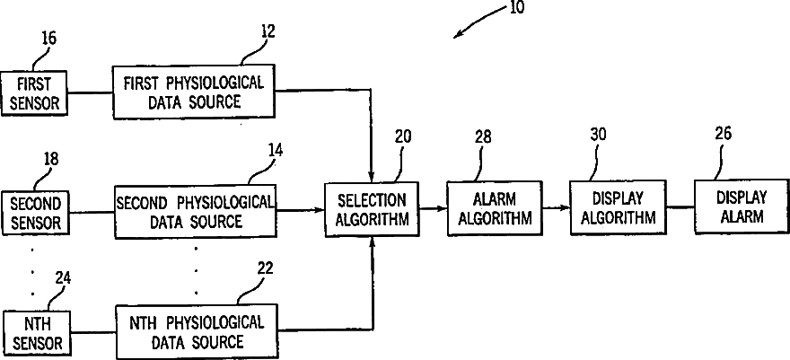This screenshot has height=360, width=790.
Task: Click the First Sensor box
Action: click(34, 92)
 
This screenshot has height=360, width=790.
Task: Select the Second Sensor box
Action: click(35, 213)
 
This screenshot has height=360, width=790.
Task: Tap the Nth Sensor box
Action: click(38, 333)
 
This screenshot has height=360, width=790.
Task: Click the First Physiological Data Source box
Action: click(194, 92)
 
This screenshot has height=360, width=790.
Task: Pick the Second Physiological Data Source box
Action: click(196, 211)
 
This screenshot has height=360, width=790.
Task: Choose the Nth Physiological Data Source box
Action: click(196, 331)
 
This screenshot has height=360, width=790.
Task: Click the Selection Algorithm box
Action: click(372, 209)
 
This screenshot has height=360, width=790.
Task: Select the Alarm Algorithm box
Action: click(495, 208)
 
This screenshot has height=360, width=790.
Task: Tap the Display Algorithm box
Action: click(618, 207)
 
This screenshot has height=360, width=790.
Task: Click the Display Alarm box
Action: click(742, 206)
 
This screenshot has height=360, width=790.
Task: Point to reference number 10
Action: click(516, 8)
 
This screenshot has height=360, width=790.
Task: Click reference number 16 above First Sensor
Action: click(48, 39)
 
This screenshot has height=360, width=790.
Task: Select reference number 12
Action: click(268, 31)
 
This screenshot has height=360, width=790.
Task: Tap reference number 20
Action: click(403, 137)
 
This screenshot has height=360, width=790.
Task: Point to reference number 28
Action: click(483, 137)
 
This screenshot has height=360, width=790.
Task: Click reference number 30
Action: click(598, 135)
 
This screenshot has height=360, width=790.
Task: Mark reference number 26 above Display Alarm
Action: click(723, 134)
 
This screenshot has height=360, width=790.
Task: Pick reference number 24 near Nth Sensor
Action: click(63, 278)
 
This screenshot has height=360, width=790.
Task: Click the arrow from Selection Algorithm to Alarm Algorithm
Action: click(434, 208)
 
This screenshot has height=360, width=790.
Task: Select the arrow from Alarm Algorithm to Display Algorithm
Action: click(557, 207)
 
